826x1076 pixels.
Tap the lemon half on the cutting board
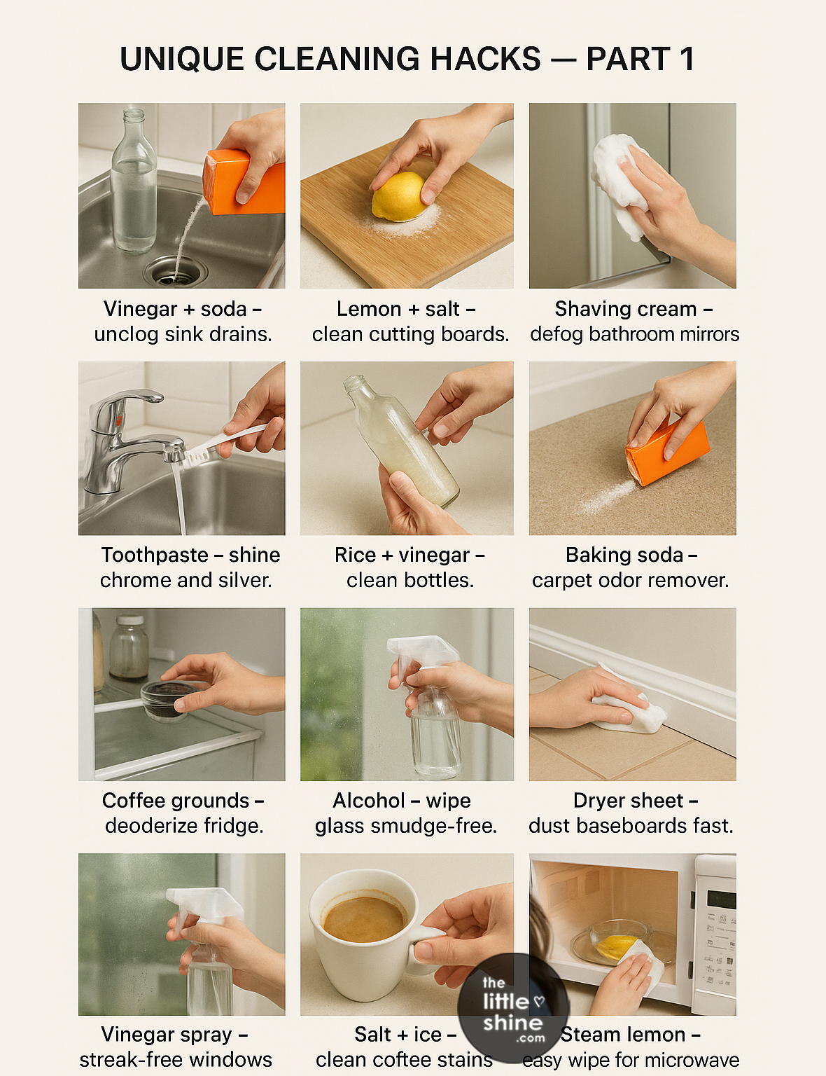398,198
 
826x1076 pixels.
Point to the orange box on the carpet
666,452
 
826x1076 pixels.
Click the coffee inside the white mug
363,918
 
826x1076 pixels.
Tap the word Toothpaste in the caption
154,555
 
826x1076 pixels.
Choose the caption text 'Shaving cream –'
633,309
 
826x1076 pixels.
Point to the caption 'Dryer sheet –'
635,801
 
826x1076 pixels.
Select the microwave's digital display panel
720,899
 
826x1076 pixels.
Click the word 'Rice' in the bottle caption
355,555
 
